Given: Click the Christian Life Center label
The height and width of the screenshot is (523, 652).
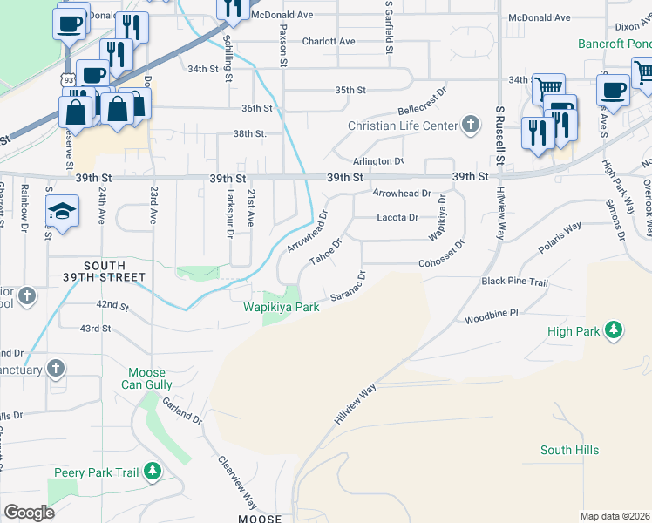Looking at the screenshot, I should click(x=402, y=126).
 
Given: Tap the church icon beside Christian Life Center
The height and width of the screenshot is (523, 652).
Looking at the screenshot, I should click(x=471, y=125).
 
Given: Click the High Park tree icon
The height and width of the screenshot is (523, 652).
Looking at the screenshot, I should click(x=615, y=330).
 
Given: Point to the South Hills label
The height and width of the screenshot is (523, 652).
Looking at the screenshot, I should click(x=569, y=450).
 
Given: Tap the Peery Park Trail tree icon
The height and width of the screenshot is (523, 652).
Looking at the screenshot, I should click(x=153, y=472).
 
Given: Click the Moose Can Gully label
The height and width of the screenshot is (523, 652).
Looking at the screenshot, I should click(x=150, y=378).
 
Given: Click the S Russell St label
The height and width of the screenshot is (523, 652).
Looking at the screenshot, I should click(x=499, y=136).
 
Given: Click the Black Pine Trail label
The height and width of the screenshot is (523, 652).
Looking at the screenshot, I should click(x=514, y=282).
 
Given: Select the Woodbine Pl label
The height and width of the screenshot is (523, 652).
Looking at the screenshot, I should click(x=491, y=312).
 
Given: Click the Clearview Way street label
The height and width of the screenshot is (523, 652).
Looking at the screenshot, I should click(x=237, y=484).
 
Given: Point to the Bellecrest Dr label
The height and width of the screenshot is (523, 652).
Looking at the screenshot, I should click(x=422, y=101).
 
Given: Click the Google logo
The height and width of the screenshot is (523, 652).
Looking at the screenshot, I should click(x=29, y=512).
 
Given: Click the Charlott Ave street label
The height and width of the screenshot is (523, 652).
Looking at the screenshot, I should click(x=329, y=41).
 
